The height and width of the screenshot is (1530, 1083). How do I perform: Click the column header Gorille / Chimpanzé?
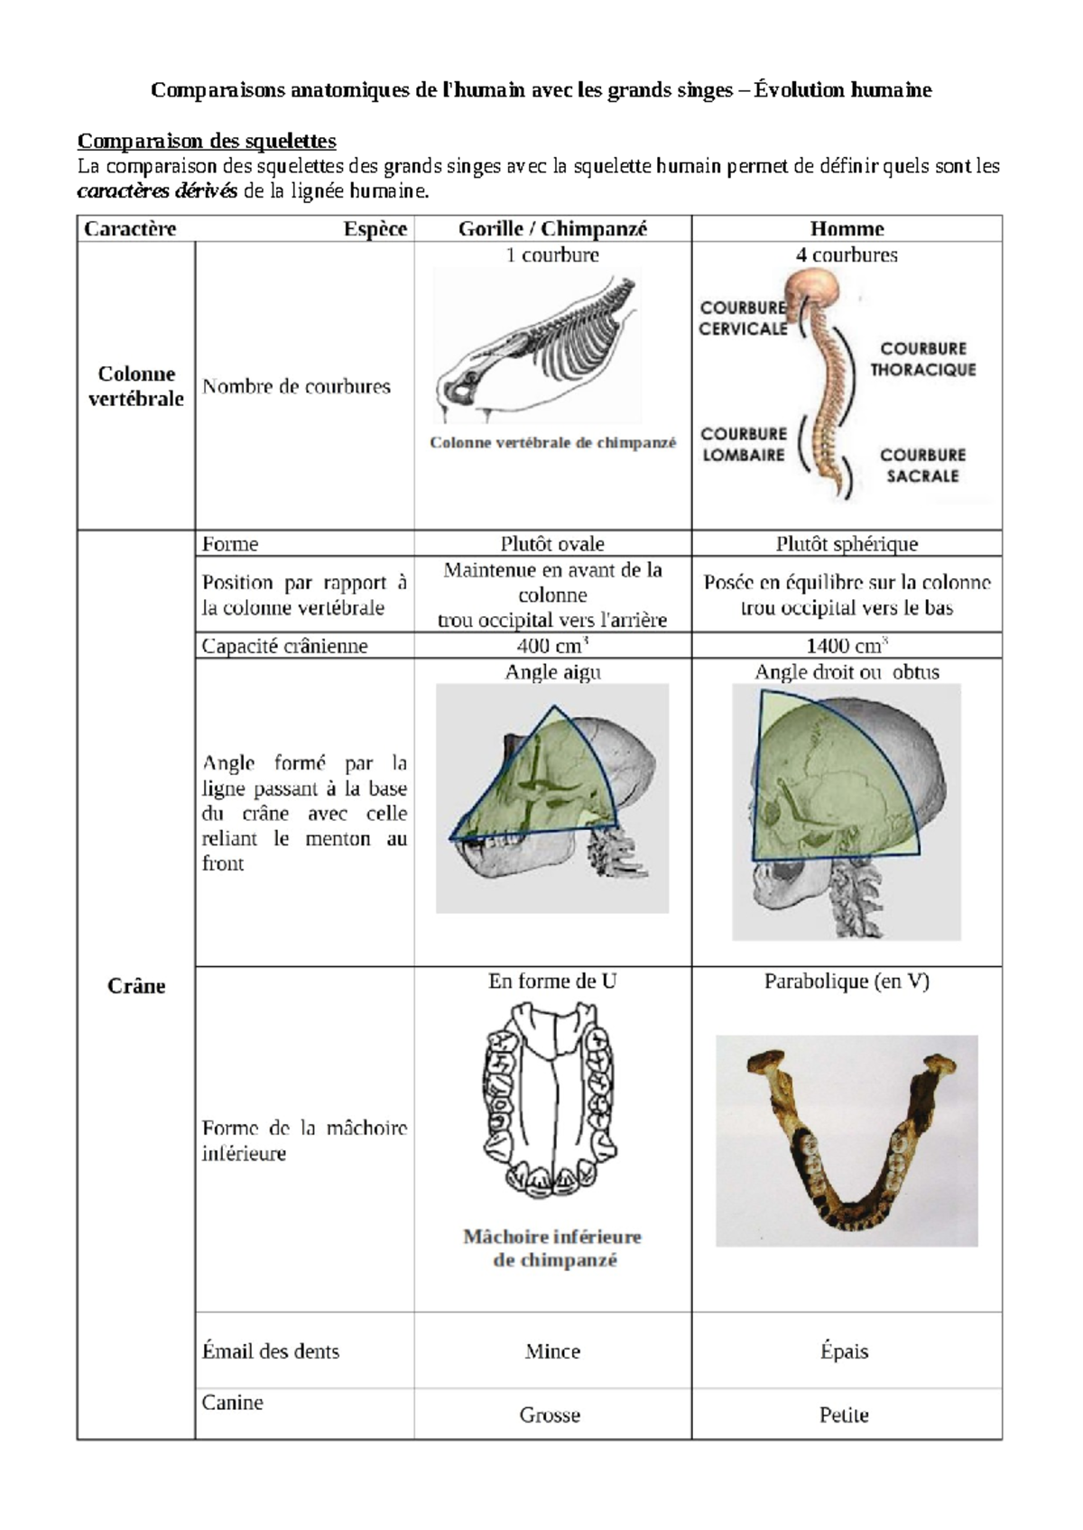coord(552,229)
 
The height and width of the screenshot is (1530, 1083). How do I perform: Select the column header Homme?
coord(847,229)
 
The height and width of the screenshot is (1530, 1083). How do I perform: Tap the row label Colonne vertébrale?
coord(136,386)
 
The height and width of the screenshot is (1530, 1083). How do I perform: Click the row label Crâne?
coord(136,986)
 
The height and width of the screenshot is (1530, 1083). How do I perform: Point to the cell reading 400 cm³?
coord(552,646)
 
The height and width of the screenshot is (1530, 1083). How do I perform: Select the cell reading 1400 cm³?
coord(847,646)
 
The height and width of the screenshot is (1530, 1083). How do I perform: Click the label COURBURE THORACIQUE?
coord(922,359)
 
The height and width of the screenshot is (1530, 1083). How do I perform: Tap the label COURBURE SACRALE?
coord(922,465)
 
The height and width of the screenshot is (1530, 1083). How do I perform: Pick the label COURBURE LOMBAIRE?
coord(744,445)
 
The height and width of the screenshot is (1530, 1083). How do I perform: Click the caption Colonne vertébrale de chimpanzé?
coord(552,443)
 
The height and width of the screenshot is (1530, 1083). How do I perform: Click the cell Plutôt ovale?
coord(552,544)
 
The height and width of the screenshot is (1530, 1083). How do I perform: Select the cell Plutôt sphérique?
coord(847,544)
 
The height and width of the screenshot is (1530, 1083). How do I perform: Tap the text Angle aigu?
coord(552,672)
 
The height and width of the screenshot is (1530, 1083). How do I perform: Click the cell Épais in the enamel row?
coord(844,1351)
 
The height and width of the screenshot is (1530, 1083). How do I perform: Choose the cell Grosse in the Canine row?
coord(550,1415)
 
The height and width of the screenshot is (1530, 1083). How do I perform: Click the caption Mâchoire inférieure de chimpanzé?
coord(552,1249)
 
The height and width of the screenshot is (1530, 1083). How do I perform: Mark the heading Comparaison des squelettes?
coord(207,141)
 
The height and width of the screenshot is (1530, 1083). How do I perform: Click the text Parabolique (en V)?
coord(847,982)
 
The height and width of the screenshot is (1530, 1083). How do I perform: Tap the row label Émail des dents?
coord(271,1351)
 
